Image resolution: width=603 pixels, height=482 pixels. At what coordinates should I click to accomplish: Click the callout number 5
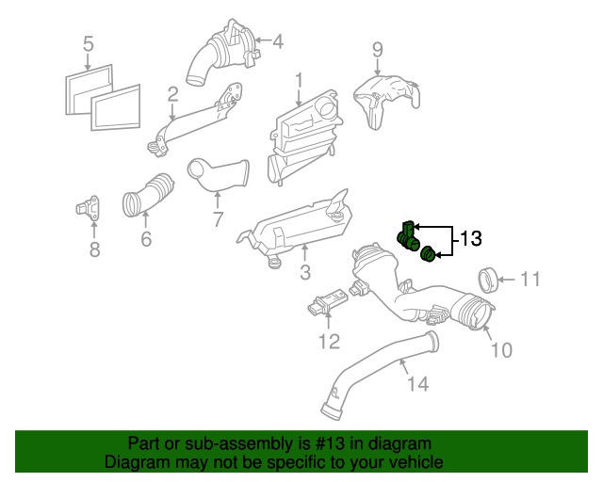click(88, 43)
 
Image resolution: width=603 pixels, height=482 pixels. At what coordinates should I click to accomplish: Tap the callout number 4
click(277, 41)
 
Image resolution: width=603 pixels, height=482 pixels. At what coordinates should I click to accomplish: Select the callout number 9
click(377, 49)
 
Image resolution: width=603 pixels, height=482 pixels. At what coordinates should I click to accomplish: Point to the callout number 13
click(471, 239)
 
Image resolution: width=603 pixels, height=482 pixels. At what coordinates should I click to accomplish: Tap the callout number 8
click(94, 249)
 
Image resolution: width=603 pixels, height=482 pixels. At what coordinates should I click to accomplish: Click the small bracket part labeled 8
click(92, 208)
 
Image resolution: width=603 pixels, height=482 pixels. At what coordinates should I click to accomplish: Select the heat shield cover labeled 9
click(384, 100)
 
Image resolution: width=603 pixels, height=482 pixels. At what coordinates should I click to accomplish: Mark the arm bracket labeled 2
click(194, 122)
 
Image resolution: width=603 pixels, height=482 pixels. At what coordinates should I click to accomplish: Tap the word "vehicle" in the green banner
click(413, 462)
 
